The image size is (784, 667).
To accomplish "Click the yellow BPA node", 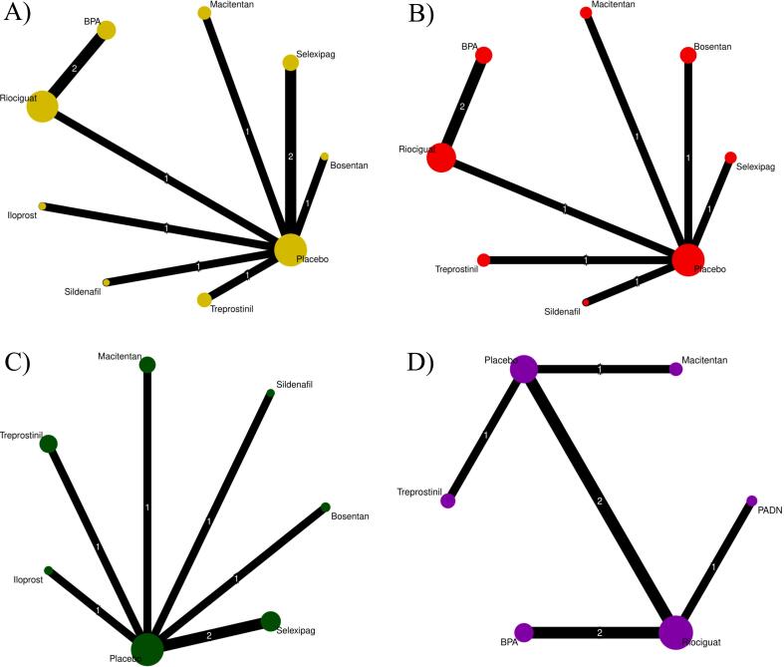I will [x=106, y=31].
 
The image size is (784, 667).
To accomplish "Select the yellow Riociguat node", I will [x=41, y=106].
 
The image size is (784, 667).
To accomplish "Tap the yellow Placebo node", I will [x=290, y=250].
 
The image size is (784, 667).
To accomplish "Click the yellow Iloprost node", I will [x=42, y=205].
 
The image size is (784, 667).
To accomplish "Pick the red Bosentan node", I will [x=687, y=56].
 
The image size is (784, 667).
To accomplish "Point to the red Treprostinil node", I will [x=484, y=260].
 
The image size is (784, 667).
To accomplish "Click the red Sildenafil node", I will [x=586, y=301].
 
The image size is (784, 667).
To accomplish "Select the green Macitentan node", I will [x=147, y=365].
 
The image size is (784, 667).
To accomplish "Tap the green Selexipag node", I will [x=270, y=621].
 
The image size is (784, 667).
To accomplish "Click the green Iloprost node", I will [x=48, y=570].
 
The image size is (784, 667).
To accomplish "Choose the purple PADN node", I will [x=751, y=500].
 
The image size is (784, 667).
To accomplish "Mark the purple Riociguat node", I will [x=675, y=632].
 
